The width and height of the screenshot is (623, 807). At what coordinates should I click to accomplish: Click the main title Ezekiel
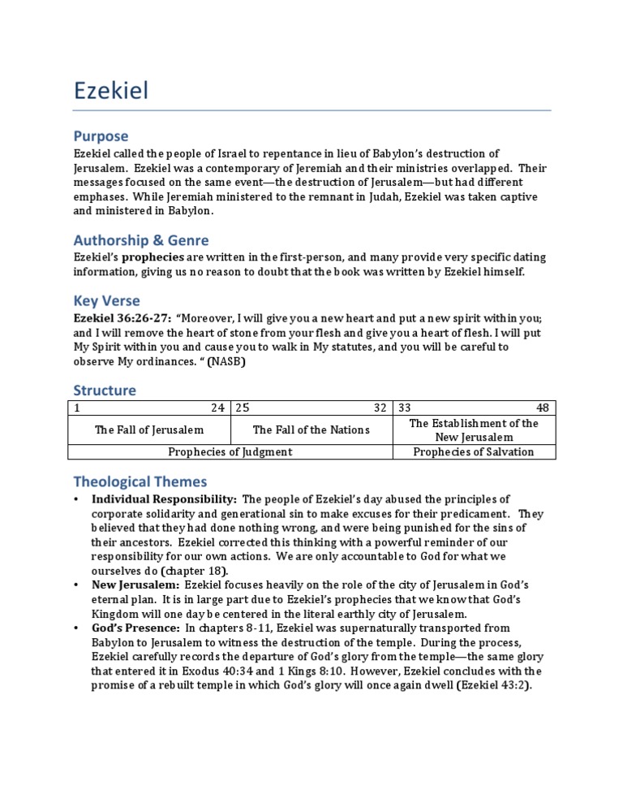point(111,90)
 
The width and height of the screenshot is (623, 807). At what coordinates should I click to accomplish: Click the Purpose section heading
point(101,136)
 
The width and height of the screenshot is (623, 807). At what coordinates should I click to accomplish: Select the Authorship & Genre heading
point(141,240)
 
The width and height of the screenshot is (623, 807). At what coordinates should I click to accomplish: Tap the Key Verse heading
point(106,301)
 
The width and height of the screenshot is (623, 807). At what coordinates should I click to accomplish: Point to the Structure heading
point(105,390)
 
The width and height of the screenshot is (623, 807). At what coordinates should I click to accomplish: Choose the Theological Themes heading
point(140,481)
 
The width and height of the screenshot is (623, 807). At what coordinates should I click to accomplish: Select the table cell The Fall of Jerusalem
point(149,429)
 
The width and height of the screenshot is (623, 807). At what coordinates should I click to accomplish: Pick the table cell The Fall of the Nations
point(311,429)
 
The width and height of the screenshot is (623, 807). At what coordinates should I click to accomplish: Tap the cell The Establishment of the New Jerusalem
point(474,429)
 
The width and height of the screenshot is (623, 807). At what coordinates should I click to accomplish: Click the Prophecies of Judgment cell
point(230,451)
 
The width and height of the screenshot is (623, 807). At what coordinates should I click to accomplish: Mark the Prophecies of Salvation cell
point(474,451)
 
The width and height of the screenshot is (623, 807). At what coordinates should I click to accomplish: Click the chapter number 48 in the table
point(543,407)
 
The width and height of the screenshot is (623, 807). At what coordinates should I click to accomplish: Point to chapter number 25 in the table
point(242,407)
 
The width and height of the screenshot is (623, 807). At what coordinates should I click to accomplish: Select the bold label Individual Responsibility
point(164,498)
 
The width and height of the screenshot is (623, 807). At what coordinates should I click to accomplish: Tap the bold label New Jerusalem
point(135,585)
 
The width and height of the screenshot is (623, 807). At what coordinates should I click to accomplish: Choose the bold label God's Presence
point(136,628)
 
